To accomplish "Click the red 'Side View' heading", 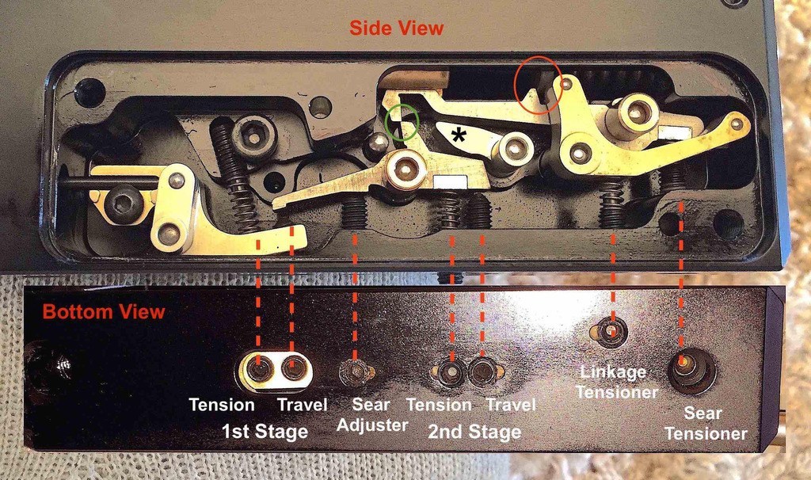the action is coord(396,28).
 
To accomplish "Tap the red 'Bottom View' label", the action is coord(104,311).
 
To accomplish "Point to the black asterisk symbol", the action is coord(459,135).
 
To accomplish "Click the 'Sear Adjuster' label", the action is coord(372,415).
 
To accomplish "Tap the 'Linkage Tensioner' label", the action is coord(617,382).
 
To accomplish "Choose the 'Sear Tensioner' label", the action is coord(706,423).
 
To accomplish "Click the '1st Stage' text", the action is coord(265,431).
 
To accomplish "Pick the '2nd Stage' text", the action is coord(474,432).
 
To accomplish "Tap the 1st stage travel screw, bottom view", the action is coord(292,369).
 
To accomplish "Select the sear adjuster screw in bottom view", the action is coord(354,371).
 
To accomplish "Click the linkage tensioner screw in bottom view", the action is coord(611,330).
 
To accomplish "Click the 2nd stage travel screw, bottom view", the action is coord(482,371).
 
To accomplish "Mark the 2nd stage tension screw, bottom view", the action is coord(450,371).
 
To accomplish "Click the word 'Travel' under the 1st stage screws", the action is coord(302,405).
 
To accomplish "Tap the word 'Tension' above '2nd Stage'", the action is coord(439,405).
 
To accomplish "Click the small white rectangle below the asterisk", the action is coord(451,181).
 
